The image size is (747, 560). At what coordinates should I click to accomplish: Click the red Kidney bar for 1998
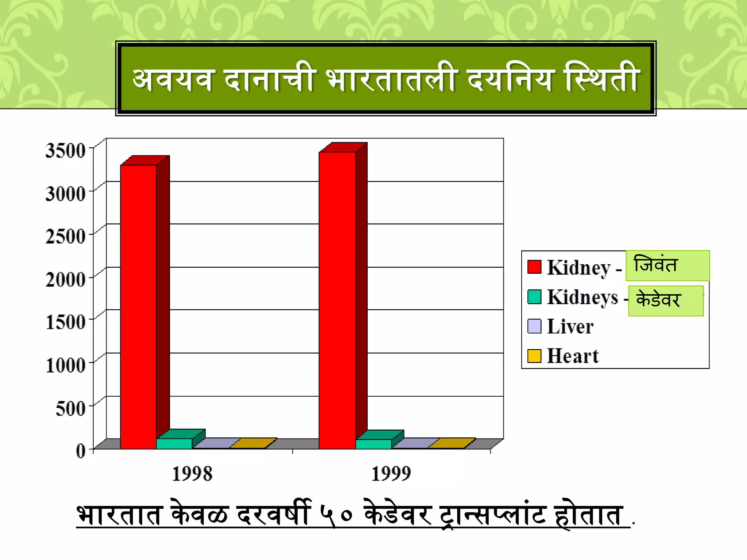(x=139, y=306)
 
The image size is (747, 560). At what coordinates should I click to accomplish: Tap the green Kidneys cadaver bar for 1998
(x=174, y=443)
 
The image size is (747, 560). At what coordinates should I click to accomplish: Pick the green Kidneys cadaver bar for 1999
(x=373, y=444)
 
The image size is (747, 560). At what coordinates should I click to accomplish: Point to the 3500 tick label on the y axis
(x=66, y=150)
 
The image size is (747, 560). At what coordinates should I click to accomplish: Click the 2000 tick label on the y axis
(x=66, y=280)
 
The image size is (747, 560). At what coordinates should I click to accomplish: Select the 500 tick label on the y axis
(x=70, y=408)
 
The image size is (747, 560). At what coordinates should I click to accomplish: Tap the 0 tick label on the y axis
(x=81, y=451)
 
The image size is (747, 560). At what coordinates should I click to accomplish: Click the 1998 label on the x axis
(x=192, y=474)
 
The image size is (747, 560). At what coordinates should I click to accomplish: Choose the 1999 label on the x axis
(x=391, y=474)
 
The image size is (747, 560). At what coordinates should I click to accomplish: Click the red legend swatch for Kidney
(x=534, y=267)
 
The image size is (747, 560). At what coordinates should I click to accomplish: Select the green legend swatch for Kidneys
(x=534, y=296)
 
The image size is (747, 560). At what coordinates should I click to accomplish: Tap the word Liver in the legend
(x=570, y=326)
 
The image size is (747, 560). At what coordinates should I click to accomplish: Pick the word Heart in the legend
(x=573, y=356)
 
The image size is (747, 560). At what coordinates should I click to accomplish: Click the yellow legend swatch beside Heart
(x=534, y=356)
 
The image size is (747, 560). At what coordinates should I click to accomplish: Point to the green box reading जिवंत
(x=667, y=265)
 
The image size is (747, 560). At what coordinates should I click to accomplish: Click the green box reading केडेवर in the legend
(x=666, y=300)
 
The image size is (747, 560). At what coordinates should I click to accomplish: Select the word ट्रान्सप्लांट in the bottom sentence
(x=492, y=515)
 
